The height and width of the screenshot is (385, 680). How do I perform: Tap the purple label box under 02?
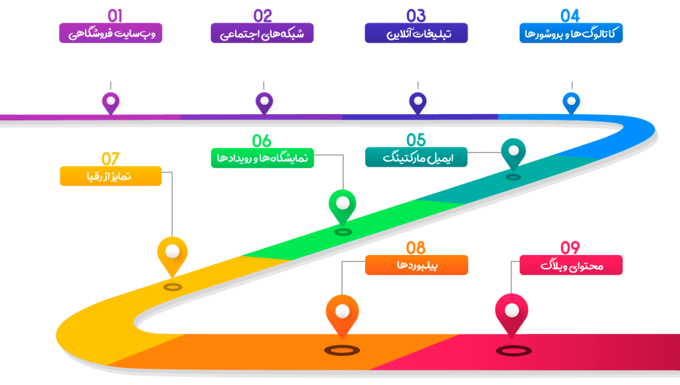click(x=262, y=33)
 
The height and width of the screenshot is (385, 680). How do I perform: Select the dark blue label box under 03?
click(x=416, y=33)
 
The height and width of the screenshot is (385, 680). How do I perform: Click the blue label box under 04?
click(x=570, y=33)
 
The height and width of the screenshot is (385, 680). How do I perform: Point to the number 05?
click(x=416, y=140)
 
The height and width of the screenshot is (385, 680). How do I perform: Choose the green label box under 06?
click(x=262, y=158)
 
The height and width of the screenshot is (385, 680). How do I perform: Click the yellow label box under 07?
click(x=110, y=176)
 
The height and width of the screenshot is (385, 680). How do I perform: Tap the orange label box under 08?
click(x=416, y=265)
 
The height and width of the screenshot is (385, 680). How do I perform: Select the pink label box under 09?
click(x=570, y=265)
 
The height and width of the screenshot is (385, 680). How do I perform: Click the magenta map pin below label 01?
click(x=111, y=102)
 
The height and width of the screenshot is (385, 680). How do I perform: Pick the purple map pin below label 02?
click(x=264, y=102)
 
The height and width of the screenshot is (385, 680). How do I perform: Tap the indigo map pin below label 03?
click(x=418, y=102)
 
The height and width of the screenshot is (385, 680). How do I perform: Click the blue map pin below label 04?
click(x=572, y=102)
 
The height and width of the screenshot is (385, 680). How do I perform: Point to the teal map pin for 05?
click(x=513, y=151)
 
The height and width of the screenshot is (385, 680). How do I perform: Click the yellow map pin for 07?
click(x=173, y=253)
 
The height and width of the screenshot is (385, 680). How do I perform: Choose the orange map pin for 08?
click(x=342, y=313)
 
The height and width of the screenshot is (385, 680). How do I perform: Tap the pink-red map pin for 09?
click(x=511, y=312)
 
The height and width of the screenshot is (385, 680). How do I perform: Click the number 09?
click(x=570, y=248)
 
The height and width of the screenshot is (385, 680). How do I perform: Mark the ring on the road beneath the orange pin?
click(x=342, y=350)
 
